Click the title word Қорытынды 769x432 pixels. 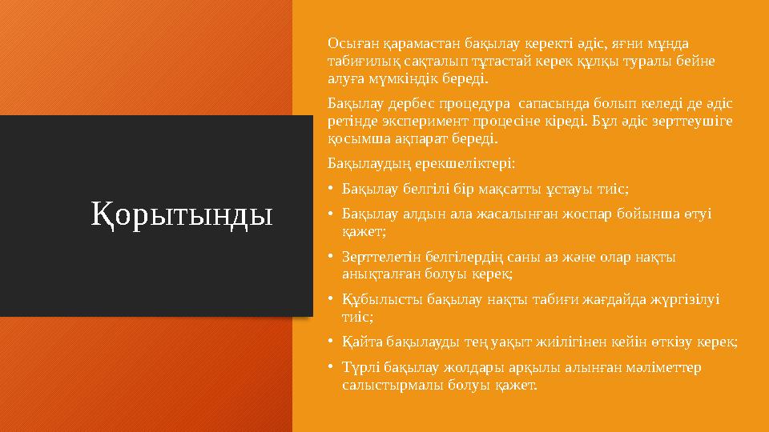(x=182, y=214)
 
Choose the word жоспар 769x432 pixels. (x=547, y=214)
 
